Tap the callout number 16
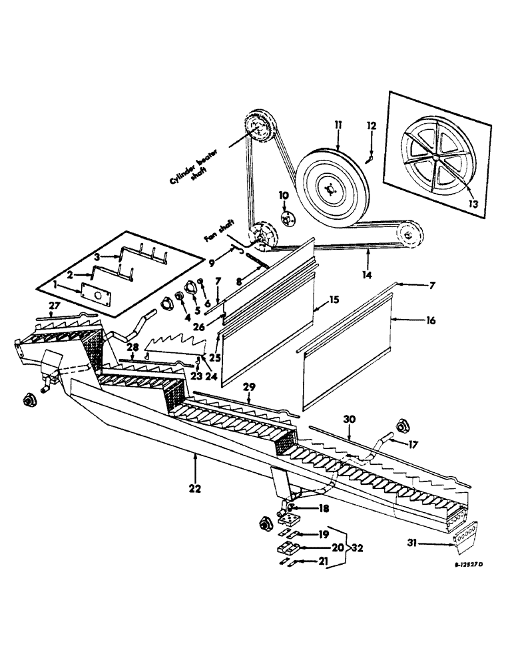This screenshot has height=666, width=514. point(431,320)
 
